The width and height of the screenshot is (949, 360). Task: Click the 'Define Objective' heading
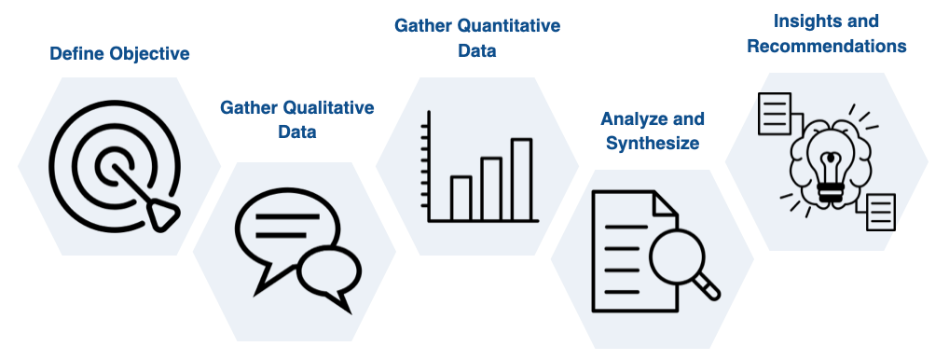coord(119,53)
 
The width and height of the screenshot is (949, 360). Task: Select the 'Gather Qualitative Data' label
coord(296,119)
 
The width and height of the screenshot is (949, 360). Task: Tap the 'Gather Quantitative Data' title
coord(477,38)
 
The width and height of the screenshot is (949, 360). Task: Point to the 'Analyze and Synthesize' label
coord(652,131)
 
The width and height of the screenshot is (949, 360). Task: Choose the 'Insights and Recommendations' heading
coord(826,33)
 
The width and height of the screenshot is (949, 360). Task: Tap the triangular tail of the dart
coord(164,216)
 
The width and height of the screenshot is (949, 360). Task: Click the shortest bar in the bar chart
coord(461,198)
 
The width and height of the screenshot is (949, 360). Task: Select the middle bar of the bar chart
coord(490,189)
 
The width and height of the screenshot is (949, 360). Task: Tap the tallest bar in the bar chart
coord(521,179)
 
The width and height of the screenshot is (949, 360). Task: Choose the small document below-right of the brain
coord(880,212)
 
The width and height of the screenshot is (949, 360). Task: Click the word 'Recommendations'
coord(826,47)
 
